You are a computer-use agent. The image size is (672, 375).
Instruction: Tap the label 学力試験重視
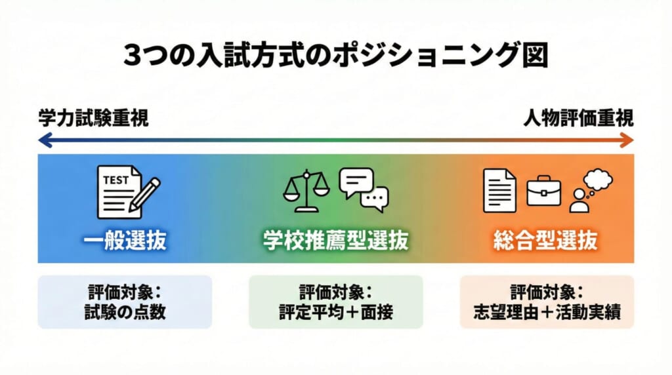point(93,119)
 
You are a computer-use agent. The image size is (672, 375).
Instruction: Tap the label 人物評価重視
point(578,119)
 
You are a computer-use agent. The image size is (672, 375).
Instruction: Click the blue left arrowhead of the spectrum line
point(43,140)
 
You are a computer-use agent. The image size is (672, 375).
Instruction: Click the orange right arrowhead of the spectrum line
point(628,140)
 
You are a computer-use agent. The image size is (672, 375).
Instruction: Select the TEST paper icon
point(118,192)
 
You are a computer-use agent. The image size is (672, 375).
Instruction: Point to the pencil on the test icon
point(145,193)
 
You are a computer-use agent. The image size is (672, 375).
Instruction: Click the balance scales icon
point(305,190)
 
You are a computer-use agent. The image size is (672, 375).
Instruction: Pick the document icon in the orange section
point(499,190)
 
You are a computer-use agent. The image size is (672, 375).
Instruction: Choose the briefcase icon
point(544,190)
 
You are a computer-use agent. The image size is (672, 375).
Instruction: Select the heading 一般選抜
point(125,241)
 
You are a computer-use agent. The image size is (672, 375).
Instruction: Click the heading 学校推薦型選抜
point(335,241)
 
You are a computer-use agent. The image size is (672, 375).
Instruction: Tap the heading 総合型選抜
point(545,241)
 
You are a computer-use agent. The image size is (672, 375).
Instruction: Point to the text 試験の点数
point(125,312)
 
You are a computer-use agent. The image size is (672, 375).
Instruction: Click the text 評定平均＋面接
point(335,312)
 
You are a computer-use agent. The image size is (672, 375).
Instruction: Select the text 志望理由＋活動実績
point(546,312)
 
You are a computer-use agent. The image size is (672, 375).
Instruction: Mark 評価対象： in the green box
point(335,290)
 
